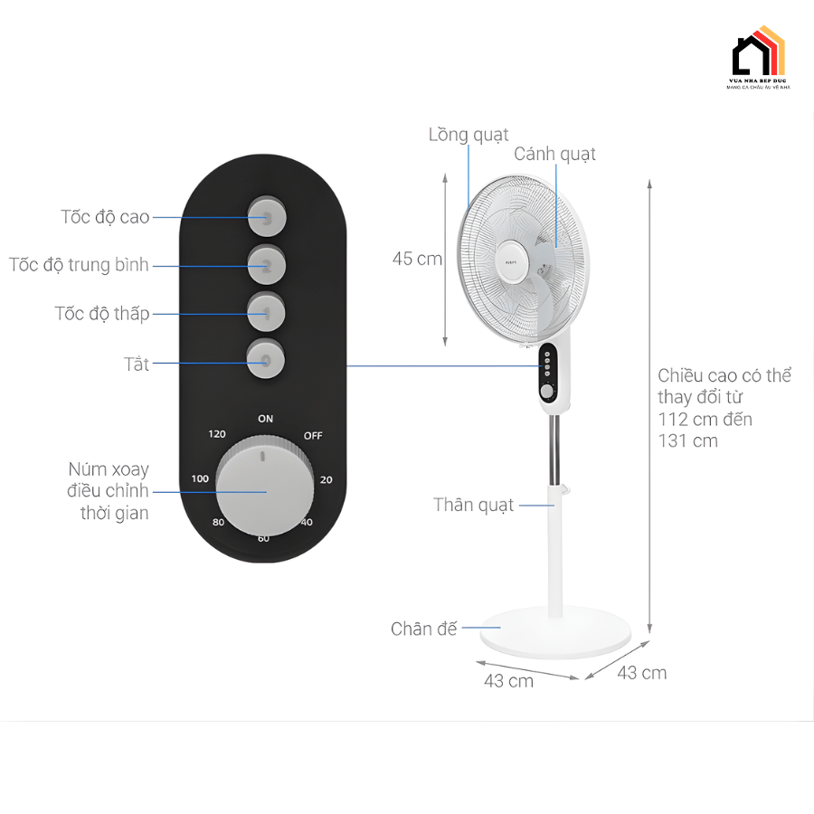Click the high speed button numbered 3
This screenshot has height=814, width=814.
[267, 217]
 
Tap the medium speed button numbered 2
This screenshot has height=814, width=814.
[267, 265]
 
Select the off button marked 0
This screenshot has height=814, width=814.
[267, 361]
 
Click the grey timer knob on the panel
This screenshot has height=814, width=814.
[265, 492]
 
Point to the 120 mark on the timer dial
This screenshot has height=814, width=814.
[217, 434]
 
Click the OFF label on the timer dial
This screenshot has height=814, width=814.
[313, 435]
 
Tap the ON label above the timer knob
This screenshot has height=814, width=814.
[265, 419]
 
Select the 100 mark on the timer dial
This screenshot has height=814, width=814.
[200, 478]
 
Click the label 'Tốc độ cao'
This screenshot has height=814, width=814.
[105, 217]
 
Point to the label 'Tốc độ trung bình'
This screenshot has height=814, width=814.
[79, 265]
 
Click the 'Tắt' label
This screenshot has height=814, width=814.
[137, 364]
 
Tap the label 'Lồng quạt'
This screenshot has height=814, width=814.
[468, 135]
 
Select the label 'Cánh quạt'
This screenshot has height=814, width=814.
[554, 154]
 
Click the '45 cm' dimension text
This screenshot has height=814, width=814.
[417, 259]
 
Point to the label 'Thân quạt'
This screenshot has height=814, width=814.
[473, 505]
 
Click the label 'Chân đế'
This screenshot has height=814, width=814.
[424, 629]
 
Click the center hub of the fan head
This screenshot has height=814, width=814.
[512, 256]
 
